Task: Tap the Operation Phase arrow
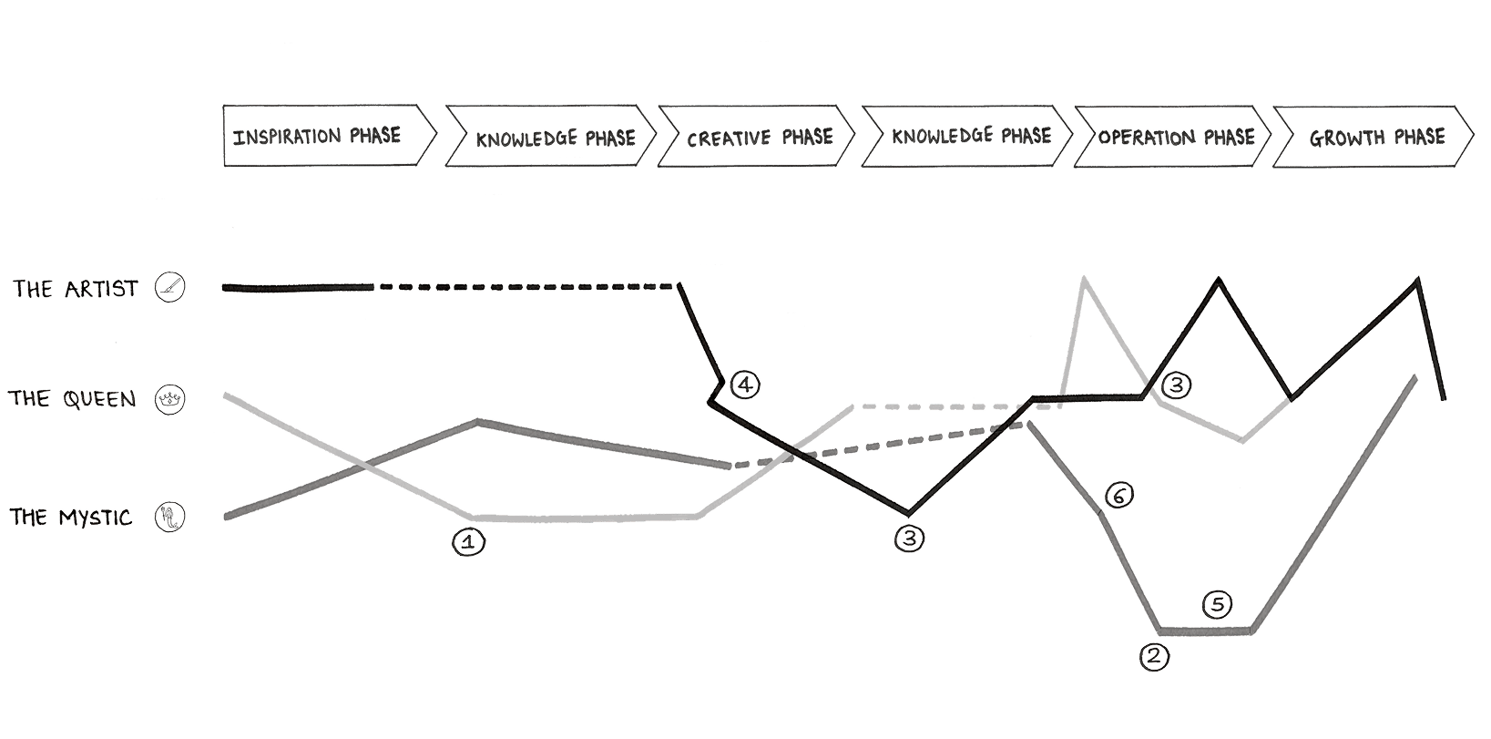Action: tap(1173, 137)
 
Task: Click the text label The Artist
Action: tap(75, 290)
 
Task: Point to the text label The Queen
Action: tap(72, 399)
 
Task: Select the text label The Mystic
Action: tap(71, 518)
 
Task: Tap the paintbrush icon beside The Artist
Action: tap(169, 289)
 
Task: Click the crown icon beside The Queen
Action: tap(169, 399)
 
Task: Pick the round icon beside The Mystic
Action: tap(169, 518)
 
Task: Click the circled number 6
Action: tap(1119, 496)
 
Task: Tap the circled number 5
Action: tap(1219, 604)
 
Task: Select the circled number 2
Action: tap(1155, 657)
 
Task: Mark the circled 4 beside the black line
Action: tap(744, 385)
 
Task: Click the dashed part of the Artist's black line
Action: tap(528, 286)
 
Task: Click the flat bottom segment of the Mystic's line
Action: tap(1205, 630)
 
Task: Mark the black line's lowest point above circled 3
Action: tap(908, 513)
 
